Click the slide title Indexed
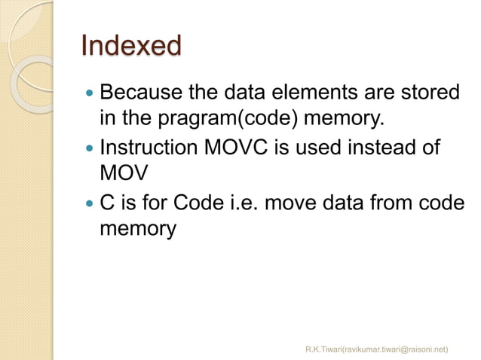[131, 47]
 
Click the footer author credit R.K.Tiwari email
[377, 349]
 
